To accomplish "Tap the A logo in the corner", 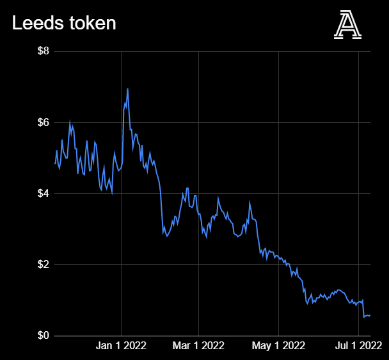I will click(347, 26).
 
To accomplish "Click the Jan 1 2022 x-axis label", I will click(122, 346).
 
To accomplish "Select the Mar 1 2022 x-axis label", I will click(198, 346).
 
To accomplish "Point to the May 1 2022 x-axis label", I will click(279, 346).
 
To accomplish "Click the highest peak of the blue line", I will click(127, 89).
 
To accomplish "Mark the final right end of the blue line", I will click(370, 315).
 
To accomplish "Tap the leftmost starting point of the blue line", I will click(55, 163).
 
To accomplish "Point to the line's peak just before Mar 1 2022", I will click(187, 189).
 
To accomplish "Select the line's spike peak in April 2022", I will click(250, 203).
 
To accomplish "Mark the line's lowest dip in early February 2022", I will click(167, 236).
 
